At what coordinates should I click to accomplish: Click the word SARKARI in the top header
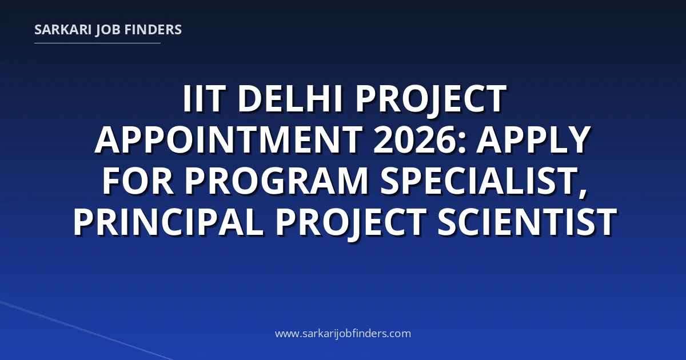click(x=63, y=30)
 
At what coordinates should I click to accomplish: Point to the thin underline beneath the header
click(x=97, y=43)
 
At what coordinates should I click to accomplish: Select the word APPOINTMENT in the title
click(x=228, y=140)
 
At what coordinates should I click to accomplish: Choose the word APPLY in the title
click(x=533, y=140)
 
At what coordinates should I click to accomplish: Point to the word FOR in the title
click(x=138, y=181)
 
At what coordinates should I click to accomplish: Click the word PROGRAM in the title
click(x=276, y=181)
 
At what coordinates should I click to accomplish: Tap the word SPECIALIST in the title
click(x=478, y=181)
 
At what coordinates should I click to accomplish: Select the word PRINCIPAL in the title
click(x=168, y=222)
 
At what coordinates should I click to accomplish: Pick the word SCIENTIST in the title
click(x=527, y=222)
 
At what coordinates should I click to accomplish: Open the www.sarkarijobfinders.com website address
click(x=343, y=333)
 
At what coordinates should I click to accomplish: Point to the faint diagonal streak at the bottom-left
click(x=86, y=330)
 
